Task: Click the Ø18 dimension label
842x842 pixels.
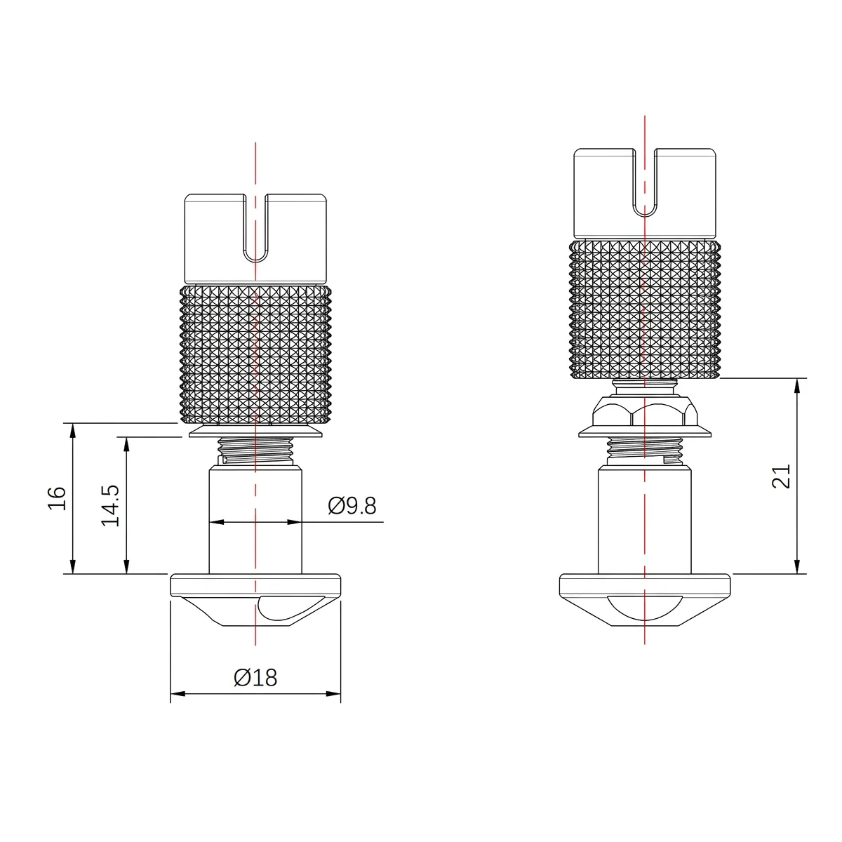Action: pyautogui.click(x=255, y=677)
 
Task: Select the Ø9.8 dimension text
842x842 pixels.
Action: pyautogui.click(x=352, y=505)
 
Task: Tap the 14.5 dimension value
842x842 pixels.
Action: pyautogui.click(x=111, y=504)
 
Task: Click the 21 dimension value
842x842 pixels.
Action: pyautogui.click(x=781, y=476)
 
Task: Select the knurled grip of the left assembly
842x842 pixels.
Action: pyautogui.click(x=255, y=354)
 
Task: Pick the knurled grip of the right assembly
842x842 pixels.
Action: pyautogui.click(x=644, y=309)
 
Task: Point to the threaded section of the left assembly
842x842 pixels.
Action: pyautogui.click(x=255, y=449)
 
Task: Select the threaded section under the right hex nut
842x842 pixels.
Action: pyautogui.click(x=644, y=449)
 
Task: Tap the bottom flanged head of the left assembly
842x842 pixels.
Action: pyautogui.click(x=255, y=585)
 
